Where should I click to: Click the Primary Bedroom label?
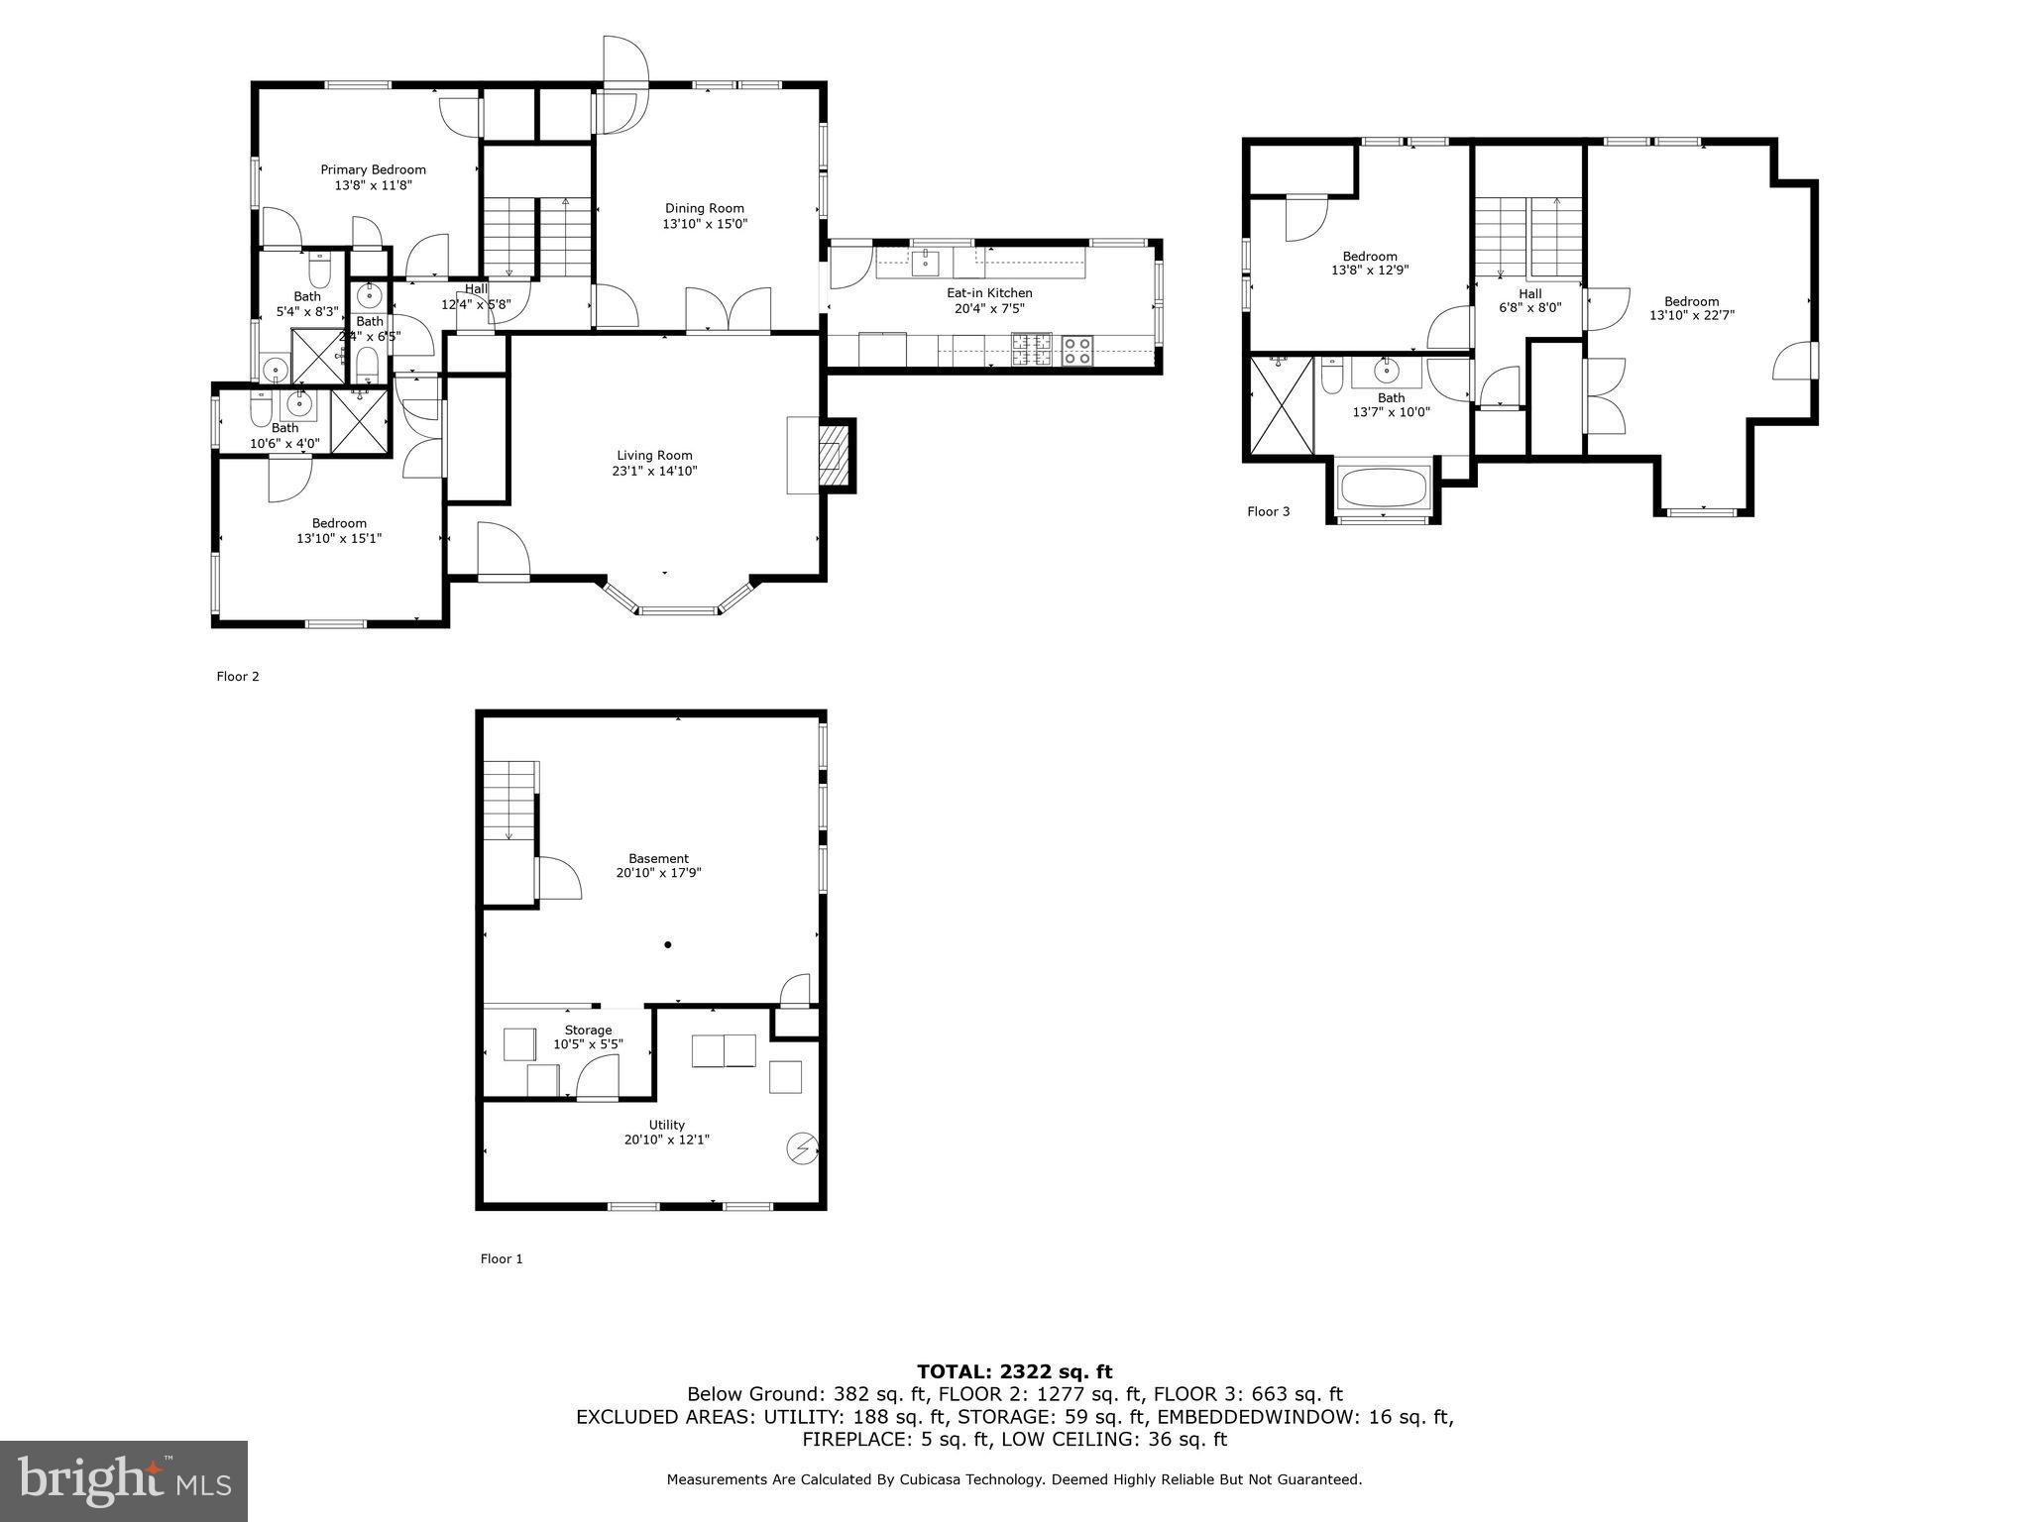(373, 170)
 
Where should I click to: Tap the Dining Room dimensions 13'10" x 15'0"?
(705, 225)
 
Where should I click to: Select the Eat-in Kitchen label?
(988, 293)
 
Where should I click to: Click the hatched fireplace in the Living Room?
(834, 456)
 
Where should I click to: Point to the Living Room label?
(654, 456)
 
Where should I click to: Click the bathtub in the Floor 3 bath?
(1383, 488)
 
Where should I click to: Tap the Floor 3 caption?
(1268, 512)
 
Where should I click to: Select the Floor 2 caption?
(238, 677)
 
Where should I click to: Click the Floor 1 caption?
(502, 1258)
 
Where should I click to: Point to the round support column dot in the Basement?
(668, 945)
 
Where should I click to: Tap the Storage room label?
(588, 1031)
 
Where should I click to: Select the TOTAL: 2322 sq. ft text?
(1014, 1371)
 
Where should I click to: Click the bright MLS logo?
(123, 1481)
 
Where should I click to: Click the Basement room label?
(658, 859)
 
